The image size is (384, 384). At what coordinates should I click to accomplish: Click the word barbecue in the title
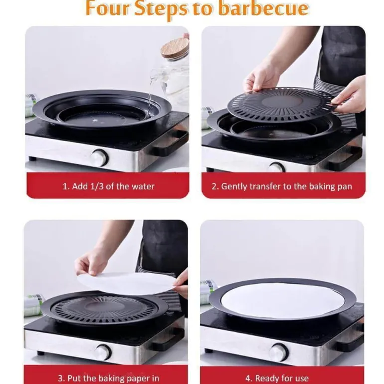(263, 8)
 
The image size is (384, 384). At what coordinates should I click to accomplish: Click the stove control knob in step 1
(99, 158)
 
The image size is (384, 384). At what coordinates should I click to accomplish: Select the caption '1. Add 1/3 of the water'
(109, 186)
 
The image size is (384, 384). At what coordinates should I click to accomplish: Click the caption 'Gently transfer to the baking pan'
(287, 187)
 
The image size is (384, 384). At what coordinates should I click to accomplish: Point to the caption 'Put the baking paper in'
(113, 378)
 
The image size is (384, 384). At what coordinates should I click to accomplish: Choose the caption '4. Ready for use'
(277, 378)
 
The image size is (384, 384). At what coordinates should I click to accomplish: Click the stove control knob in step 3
(103, 352)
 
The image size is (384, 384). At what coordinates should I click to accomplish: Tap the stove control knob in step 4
(278, 353)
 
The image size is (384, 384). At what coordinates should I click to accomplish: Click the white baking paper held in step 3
(126, 283)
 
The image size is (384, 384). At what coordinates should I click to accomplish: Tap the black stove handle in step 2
(346, 157)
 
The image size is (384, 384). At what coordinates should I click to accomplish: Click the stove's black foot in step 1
(32, 158)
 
